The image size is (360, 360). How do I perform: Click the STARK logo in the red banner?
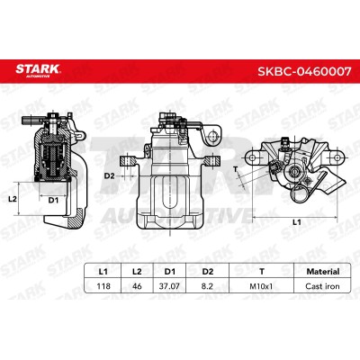[38, 70]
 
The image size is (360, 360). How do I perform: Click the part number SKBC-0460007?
[304, 71]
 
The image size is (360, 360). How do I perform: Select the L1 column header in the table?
[103, 272]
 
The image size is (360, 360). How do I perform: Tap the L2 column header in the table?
[137, 272]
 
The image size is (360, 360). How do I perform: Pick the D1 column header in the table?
[170, 272]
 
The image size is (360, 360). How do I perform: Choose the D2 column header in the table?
[207, 272]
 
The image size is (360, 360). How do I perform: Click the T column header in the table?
[262, 272]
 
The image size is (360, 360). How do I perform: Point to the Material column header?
[323, 272]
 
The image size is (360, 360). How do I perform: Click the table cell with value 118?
[103, 286]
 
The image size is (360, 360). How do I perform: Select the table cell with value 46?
[137, 286]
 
